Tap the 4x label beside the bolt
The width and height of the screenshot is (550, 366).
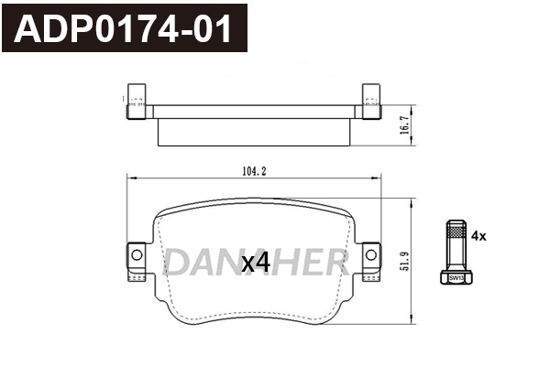point(478,235)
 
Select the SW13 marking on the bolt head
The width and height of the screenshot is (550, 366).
point(456,276)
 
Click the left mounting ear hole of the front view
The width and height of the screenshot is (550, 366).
point(136,253)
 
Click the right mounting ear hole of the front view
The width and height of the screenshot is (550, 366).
point(370,253)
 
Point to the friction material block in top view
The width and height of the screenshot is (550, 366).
point(254,132)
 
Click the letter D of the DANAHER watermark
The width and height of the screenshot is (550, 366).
point(176,263)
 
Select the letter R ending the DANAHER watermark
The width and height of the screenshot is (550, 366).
point(335,263)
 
